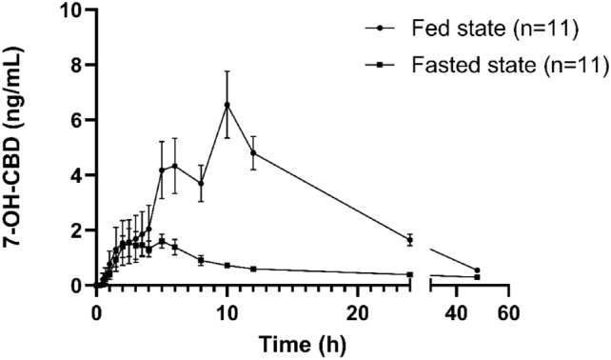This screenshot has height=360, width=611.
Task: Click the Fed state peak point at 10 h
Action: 227,105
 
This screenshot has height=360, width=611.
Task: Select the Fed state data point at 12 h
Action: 253,153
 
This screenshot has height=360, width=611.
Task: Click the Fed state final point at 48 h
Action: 477,270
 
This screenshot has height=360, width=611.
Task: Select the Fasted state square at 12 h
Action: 253,270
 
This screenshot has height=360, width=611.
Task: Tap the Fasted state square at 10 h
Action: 227,266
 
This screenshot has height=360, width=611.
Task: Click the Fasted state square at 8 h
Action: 201,260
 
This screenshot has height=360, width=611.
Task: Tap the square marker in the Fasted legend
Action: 380,65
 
